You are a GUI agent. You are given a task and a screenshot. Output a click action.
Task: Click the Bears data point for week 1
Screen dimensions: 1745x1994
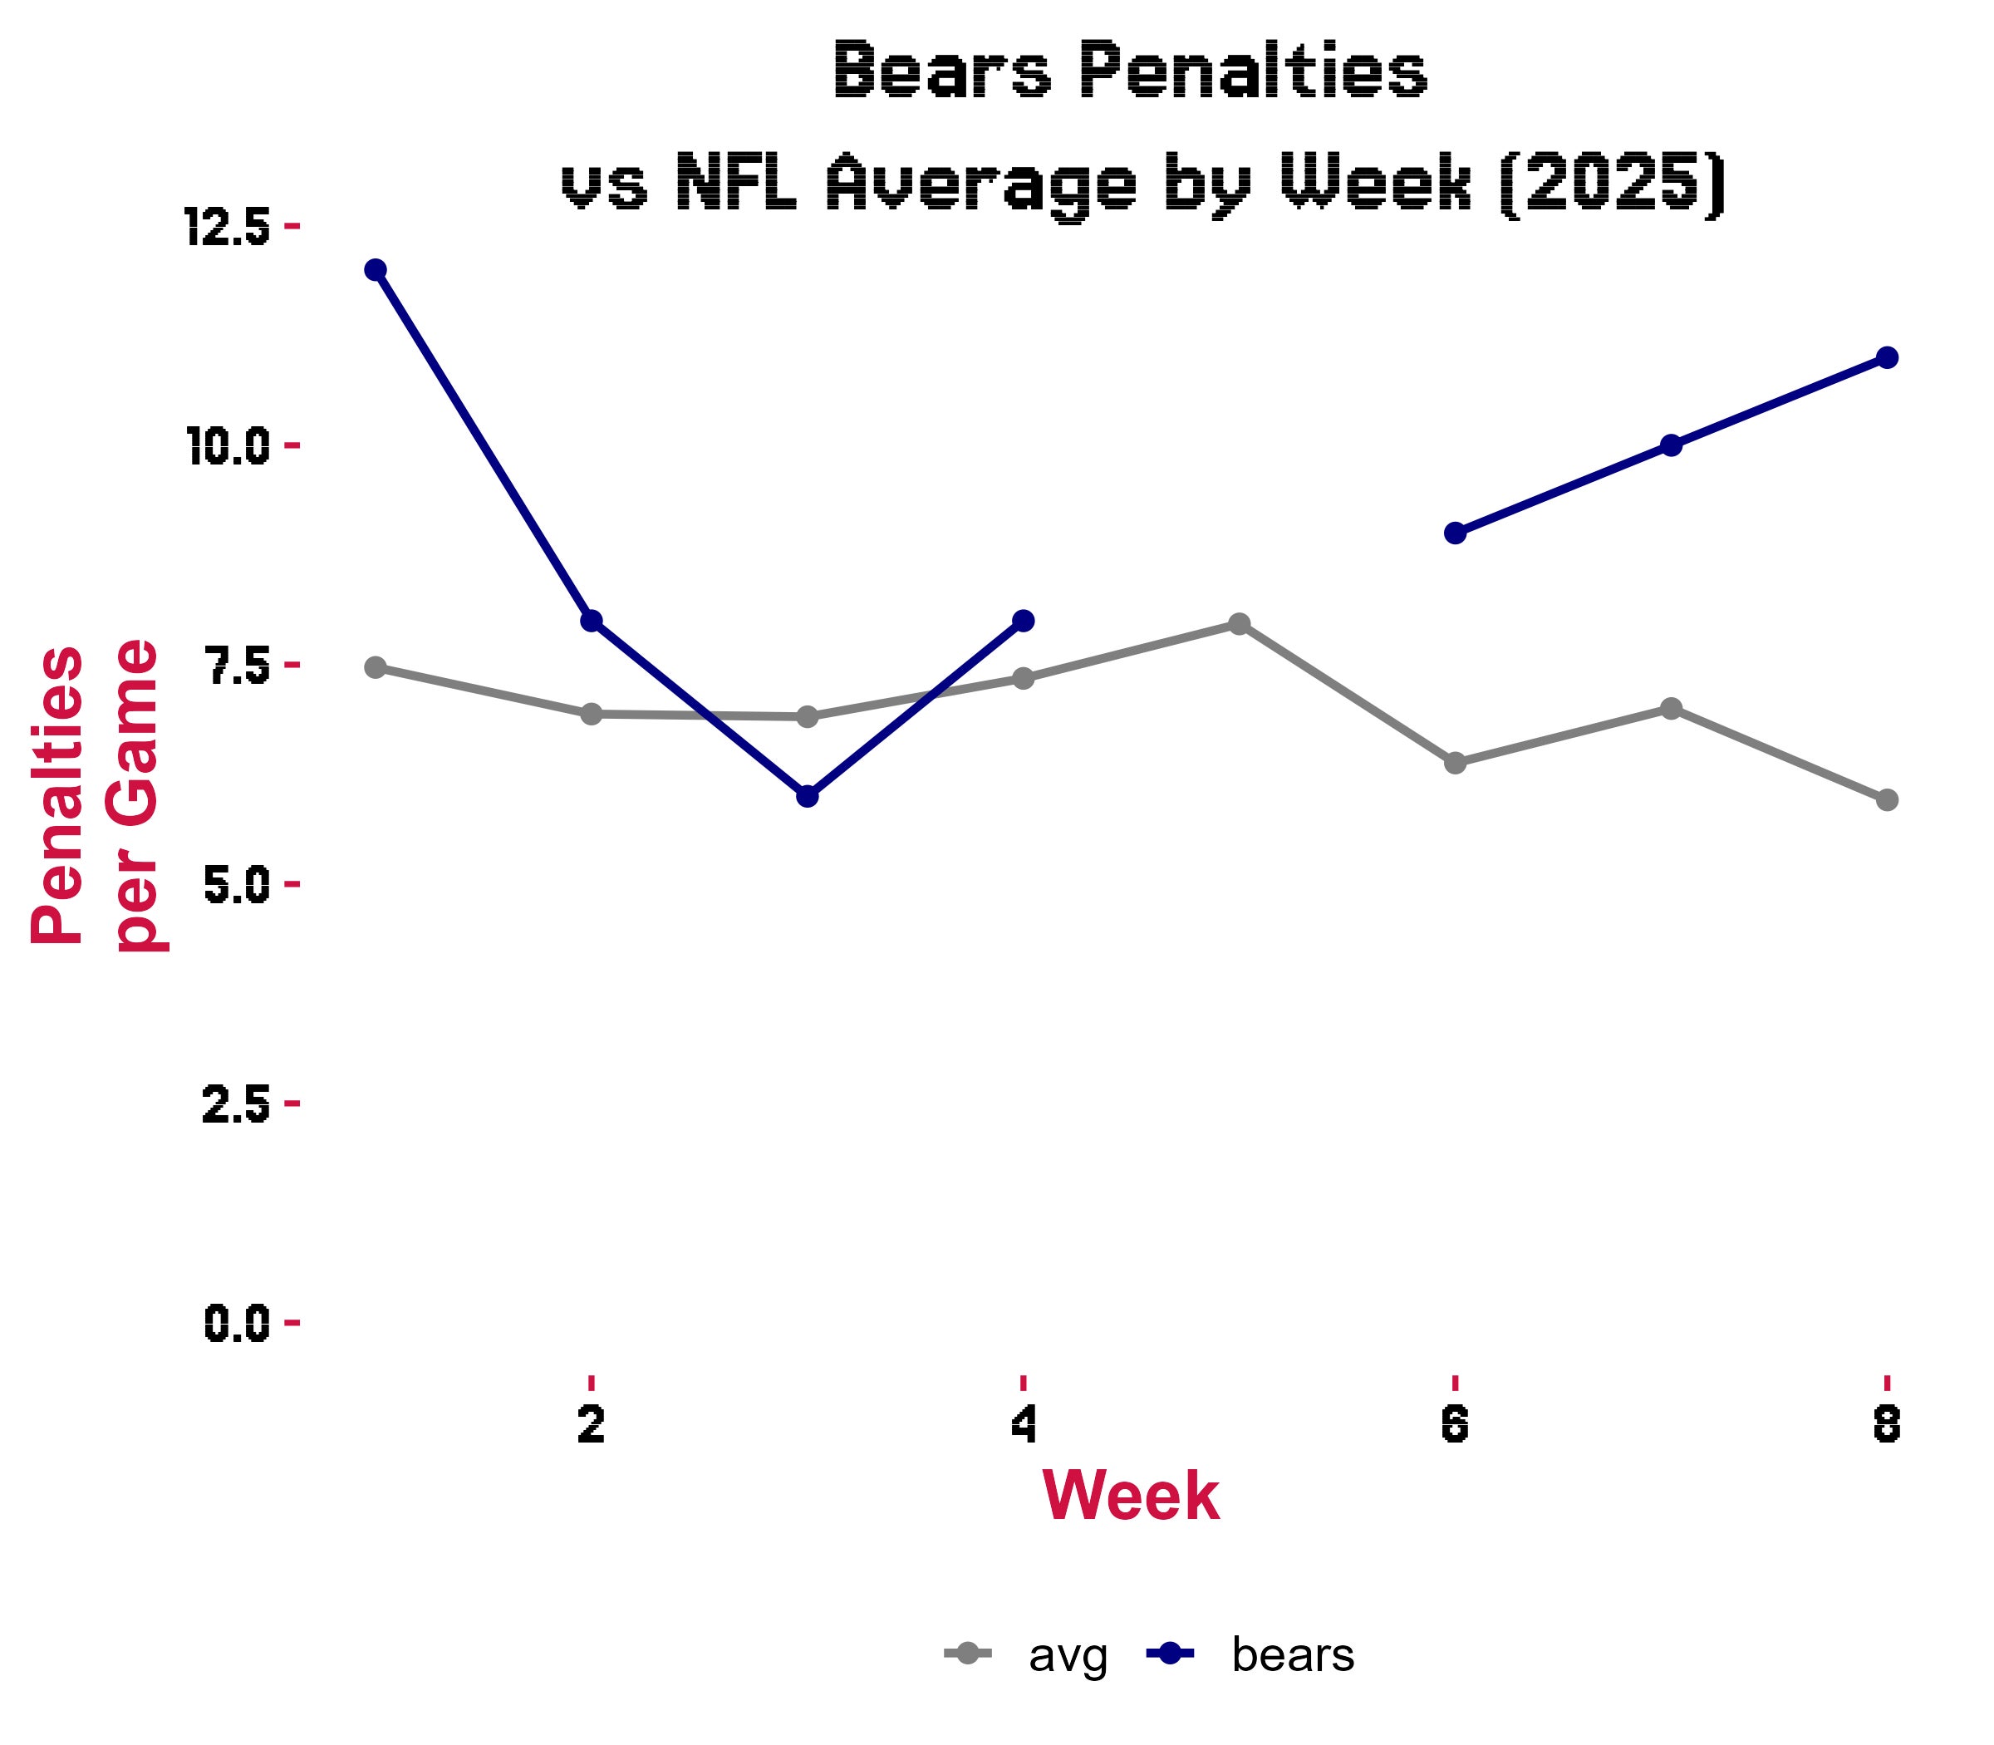375,270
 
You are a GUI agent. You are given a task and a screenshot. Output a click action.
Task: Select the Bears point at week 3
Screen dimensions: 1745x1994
807,795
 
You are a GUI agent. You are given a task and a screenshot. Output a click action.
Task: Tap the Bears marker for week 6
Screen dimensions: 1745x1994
1455,533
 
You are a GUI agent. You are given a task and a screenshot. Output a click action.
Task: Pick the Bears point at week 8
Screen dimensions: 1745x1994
1887,357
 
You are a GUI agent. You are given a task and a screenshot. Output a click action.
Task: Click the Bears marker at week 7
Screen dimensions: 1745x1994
1671,445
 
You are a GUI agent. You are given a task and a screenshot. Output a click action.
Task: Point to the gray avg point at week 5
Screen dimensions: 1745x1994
1239,623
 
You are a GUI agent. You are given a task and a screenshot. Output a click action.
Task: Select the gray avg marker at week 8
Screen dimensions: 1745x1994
1887,799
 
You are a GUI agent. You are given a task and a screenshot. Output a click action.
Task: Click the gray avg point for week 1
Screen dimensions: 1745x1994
375,667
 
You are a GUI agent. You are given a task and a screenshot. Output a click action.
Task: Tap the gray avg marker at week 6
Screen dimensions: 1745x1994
1455,763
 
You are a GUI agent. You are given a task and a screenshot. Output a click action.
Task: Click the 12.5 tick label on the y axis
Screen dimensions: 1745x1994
227,227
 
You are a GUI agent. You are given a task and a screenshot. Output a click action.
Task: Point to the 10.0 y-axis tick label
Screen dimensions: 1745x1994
227,446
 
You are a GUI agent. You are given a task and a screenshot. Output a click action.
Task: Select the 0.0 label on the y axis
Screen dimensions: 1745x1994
237,1324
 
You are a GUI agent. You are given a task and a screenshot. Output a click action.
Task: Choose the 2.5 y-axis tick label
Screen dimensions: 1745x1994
237,1104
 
